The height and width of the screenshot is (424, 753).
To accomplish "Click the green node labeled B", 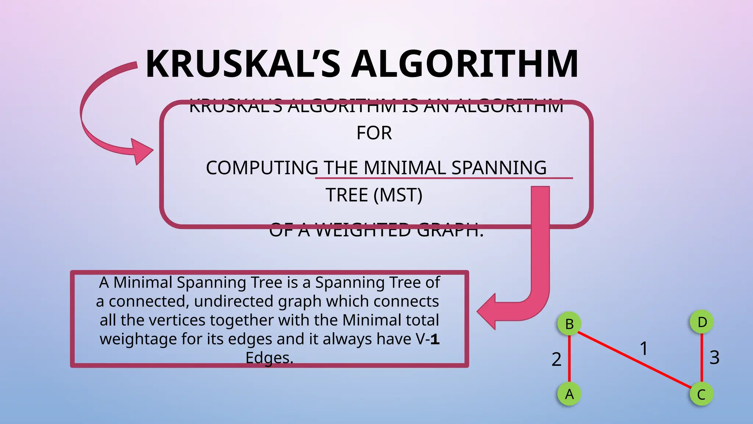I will [569, 324].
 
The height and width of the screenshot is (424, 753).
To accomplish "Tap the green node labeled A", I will [569, 394].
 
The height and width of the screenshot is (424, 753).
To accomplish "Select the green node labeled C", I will [702, 394].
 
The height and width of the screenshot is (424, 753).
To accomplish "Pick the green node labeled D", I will [702, 322].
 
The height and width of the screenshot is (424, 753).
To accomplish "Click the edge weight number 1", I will [643, 348].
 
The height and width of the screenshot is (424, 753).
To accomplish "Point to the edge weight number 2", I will [556, 359].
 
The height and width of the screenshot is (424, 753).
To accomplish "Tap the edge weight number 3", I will [714, 357].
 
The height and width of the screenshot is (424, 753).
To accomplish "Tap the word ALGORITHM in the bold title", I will [465, 64].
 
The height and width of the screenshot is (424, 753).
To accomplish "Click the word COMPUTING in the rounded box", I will [262, 168].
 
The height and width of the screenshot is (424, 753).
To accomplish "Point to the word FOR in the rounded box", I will [374, 133].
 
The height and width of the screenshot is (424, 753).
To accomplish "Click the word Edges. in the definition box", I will [269, 358].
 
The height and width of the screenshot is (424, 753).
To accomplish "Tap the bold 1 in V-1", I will [435, 339].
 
